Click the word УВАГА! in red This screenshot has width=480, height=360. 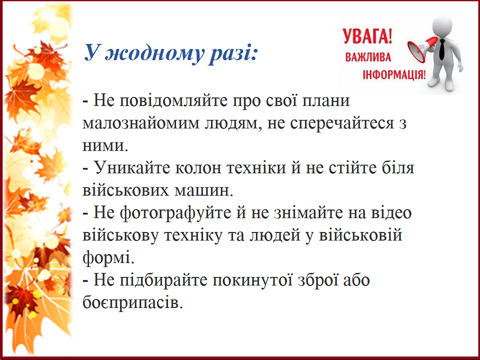(x=367, y=36)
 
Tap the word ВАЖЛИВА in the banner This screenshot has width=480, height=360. (x=368, y=57)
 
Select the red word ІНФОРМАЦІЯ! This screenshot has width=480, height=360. (x=394, y=74)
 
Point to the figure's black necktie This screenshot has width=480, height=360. (x=441, y=49)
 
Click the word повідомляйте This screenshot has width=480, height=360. (x=173, y=100)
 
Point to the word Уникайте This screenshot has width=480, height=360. (x=132, y=168)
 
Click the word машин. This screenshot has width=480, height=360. (x=204, y=190)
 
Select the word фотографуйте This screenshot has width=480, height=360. (x=175, y=213)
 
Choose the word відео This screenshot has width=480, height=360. (x=391, y=212)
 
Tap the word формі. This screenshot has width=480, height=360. (x=108, y=258)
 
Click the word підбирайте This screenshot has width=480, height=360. (x=163, y=280)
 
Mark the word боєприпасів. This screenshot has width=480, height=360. (x=133, y=303)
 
